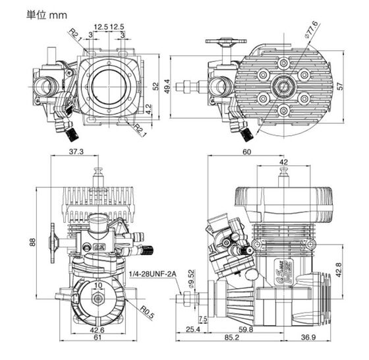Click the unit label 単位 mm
click(47, 15)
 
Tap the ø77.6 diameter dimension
click(311, 30)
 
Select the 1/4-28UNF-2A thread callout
click(152, 274)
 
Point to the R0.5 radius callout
click(147, 313)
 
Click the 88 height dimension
click(32, 242)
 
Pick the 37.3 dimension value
click(76, 152)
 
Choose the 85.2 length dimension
click(231, 338)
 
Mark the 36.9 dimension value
click(308, 338)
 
